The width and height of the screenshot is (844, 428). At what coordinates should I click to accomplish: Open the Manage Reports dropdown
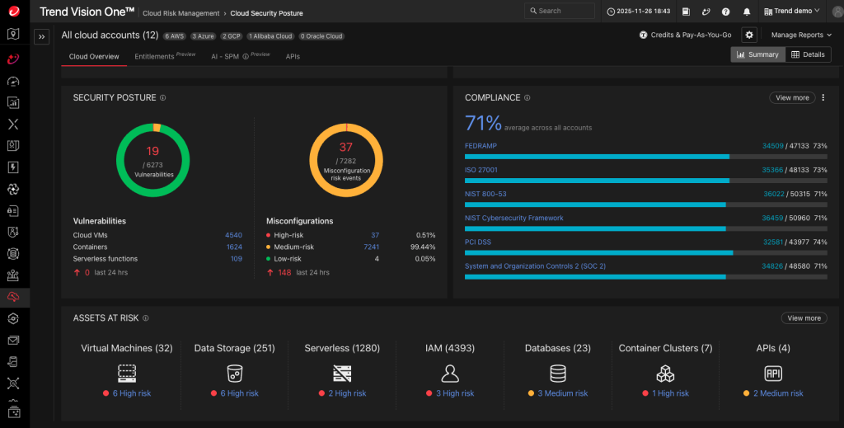[x=801, y=35]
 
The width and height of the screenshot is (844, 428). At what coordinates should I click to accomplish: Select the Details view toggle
[x=808, y=54]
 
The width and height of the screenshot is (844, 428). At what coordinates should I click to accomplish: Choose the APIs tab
[x=293, y=56]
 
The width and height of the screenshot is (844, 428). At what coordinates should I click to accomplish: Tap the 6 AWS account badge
[x=174, y=36]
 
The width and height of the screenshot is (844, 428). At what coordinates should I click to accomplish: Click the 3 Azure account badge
[x=204, y=36]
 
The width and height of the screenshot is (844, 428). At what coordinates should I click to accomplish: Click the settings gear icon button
[x=748, y=35]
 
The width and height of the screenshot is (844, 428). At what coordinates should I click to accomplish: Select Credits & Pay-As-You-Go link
[x=685, y=35]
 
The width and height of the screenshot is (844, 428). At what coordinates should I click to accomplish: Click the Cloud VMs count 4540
[x=233, y=235]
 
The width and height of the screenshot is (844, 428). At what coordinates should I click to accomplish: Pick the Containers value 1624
[x=233, y=247]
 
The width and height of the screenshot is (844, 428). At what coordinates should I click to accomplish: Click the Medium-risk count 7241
[x=371, y=247]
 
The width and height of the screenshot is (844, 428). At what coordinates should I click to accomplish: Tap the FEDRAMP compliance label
[x=481, y=146]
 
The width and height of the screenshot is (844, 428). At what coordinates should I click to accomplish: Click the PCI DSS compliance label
[x=479, y=242]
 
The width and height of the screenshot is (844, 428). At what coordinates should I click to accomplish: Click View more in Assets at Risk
[x=804, y=318]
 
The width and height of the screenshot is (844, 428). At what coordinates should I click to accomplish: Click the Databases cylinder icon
[x=558, y=373]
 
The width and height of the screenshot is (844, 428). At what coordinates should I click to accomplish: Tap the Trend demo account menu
[x=793, y=11]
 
